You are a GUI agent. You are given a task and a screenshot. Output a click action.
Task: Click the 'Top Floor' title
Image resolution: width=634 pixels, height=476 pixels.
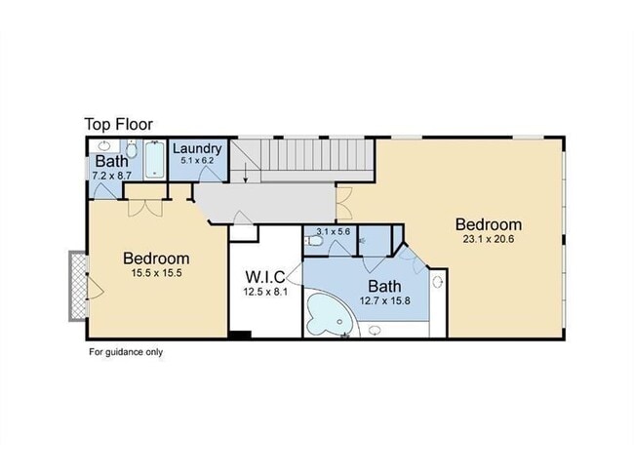tap(118, 124)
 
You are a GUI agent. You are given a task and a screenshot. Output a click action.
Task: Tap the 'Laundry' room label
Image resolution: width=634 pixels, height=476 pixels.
tap(197, 149)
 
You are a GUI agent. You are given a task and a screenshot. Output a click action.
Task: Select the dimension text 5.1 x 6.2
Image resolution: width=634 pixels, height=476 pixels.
tap(197, 160)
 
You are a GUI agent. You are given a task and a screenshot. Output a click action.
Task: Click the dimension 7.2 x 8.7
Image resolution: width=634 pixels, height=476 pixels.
tap(111, 176)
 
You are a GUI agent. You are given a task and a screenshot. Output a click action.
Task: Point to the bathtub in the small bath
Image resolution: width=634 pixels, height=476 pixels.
tap(155, 159)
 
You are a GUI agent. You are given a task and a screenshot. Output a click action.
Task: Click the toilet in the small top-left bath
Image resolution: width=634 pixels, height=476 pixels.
tap(131, 149)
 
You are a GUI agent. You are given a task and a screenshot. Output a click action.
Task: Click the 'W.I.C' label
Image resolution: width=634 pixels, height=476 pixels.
tap(265, 277)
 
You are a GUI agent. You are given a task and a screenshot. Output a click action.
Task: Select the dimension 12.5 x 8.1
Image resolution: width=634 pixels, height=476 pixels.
tap(265, 292)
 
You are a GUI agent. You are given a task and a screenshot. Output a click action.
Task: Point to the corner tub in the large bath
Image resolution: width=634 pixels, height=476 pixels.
tap(330, 315)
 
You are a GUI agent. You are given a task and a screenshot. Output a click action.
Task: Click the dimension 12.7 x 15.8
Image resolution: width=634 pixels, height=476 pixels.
tap(385, 300)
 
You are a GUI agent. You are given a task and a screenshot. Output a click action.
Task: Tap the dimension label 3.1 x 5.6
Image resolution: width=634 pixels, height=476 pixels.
tap(334, 232)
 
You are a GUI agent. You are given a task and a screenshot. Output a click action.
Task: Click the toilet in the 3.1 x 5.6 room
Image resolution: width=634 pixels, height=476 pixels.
tap(315, 241)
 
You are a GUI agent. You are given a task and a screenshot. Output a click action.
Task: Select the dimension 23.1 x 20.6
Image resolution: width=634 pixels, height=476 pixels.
tap(489, 239)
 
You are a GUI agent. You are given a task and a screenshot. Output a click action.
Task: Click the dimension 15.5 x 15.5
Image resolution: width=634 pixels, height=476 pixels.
tap(156, 273)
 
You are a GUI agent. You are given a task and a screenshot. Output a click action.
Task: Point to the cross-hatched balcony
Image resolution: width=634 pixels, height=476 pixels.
tap(78, 286)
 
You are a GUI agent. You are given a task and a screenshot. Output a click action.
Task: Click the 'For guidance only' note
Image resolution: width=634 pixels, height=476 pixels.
tap(126, 352)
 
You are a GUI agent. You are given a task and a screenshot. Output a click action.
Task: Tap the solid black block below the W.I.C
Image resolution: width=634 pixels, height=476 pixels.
tap(240, 335)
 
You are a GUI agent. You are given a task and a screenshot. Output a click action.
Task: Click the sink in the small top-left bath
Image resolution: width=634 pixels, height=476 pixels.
tap(104, 145)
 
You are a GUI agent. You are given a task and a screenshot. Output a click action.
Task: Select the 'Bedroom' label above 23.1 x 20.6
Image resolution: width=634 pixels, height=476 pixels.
tap(489, 224)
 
